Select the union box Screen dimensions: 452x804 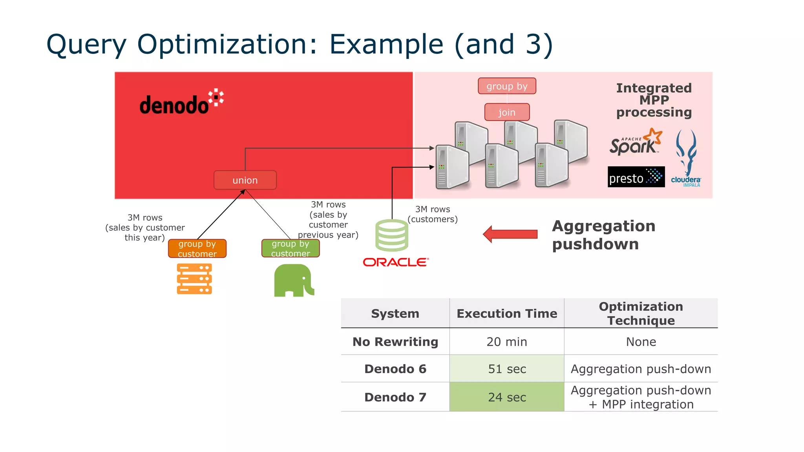tap(245, 180)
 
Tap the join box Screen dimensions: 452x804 tap(507, 112)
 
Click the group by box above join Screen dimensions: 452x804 tap(507, 86)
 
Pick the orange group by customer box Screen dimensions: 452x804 tap(197, 249)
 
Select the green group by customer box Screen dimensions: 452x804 tap(291, 249)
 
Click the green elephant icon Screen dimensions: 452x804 tap(294, 281)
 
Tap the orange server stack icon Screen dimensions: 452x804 tap(194, 279)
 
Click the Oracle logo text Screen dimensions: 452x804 tap(395, 262)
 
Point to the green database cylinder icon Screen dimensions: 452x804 tap(392, 235)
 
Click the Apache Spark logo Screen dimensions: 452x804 tap(635, 142)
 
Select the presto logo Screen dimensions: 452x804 tap(636, 177)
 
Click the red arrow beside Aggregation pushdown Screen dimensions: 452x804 tap(510, 234)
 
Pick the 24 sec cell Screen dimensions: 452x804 tap(507, 397)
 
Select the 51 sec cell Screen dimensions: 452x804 tap(507, 369)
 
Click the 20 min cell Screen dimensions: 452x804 tap(507, 342)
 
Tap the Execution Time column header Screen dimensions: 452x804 tap(507, 313)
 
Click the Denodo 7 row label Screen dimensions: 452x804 tap(395, 397)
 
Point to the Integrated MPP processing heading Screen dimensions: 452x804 tap(654, 100)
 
